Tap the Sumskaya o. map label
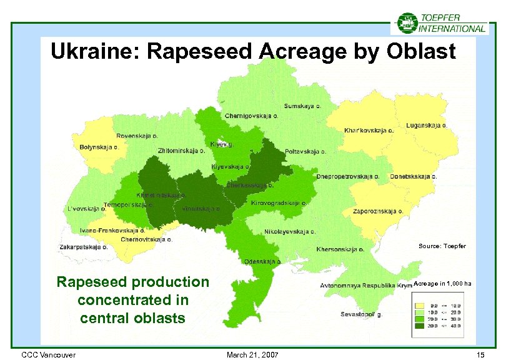pos(304,106)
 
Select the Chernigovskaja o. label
pos(251,116)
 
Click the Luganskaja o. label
pos(427,125)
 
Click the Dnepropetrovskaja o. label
pos(348,176)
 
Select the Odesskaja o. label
pos(262,261)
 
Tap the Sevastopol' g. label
pos(362,314)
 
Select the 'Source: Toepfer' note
pos(442,246)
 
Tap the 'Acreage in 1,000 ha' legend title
pos(442,284)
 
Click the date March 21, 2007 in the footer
pos(253,355)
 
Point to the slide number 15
pos(480,355)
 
